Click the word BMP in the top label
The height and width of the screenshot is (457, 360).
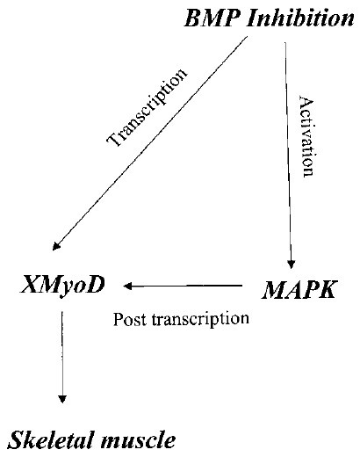click(x=212, y=18)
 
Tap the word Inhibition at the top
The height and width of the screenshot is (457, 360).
click(x=300, y=18)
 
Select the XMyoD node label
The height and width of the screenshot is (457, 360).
click(x=62, y=285)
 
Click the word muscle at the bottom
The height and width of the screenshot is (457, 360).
click(x=138, y=440)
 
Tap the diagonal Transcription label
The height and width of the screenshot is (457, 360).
click(x=147, y=107)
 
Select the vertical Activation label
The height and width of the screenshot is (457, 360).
click(x=307, y=136)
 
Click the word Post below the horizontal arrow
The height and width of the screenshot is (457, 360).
click(x=129, y=319)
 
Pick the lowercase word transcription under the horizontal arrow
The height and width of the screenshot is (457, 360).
click(x=200, y=320)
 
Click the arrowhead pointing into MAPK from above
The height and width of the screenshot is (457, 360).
click(x=291, y=265)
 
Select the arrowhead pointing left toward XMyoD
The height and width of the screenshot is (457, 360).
click(x=128, y=286)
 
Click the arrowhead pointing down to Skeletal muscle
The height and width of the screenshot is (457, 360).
click(x=62, y=399)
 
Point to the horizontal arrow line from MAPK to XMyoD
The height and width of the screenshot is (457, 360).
click(x=183, y=286)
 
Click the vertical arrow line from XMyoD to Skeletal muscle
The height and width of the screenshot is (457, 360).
click(x=62, y=357)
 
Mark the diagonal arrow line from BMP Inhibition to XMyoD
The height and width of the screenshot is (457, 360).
click(x=150, y=143)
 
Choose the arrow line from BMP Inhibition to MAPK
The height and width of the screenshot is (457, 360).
click(x=288, y=156)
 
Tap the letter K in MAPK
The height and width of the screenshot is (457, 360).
click(x=327, y=290)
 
